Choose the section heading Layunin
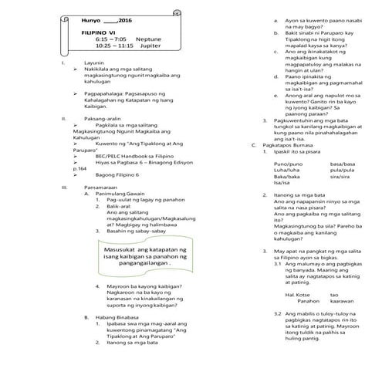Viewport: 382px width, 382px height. click(95, 83)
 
